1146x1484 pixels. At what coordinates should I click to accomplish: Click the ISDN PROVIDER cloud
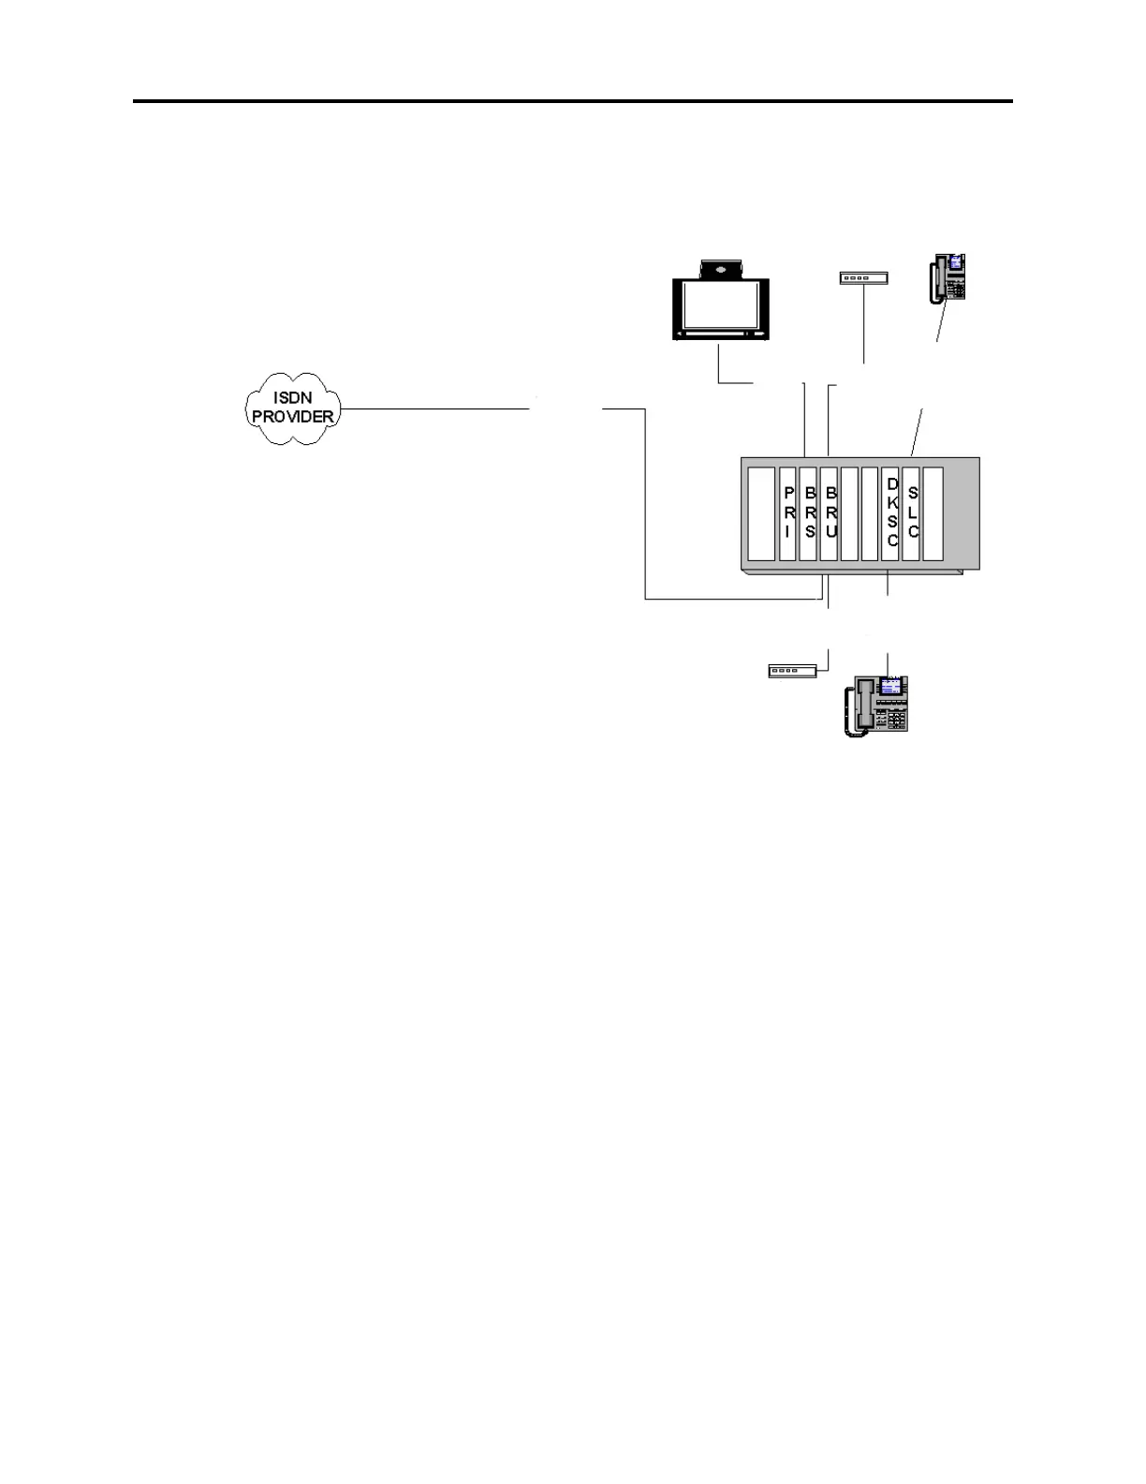coord(292,408)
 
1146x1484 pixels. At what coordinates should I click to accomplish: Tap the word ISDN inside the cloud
coord(292,398)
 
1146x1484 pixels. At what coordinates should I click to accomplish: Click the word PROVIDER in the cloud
coord(292,417)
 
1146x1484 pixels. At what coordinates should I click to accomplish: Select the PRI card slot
coord(787,512)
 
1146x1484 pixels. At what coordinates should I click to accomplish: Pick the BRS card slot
coord(809,512)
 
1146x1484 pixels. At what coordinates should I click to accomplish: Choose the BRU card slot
coord(830,512)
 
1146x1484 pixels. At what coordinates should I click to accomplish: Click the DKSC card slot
coord(891,512)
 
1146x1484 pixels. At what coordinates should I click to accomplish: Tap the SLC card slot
coord(912,512)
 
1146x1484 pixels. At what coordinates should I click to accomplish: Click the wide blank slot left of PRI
coord(761,512)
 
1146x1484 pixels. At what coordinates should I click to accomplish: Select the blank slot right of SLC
coord(933,512)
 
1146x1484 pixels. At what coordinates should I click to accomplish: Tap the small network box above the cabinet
coord(862,277)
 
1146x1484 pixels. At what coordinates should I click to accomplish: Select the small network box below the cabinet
coord(792,671)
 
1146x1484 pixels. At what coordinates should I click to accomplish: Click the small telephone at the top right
coord(948,277)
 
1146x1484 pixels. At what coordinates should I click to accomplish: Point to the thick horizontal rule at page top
coord(572,101)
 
